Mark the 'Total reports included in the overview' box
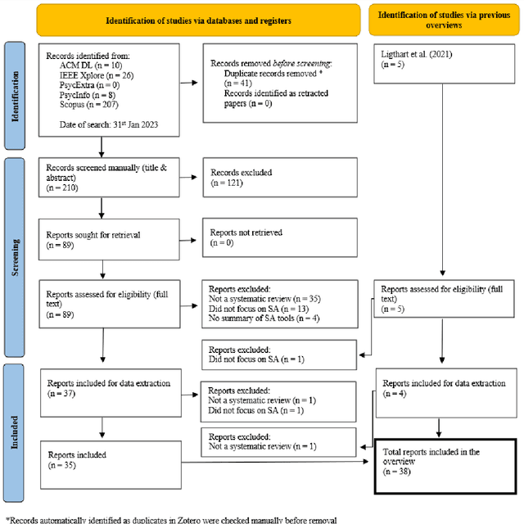443,464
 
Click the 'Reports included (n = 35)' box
110,460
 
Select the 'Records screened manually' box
110,177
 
